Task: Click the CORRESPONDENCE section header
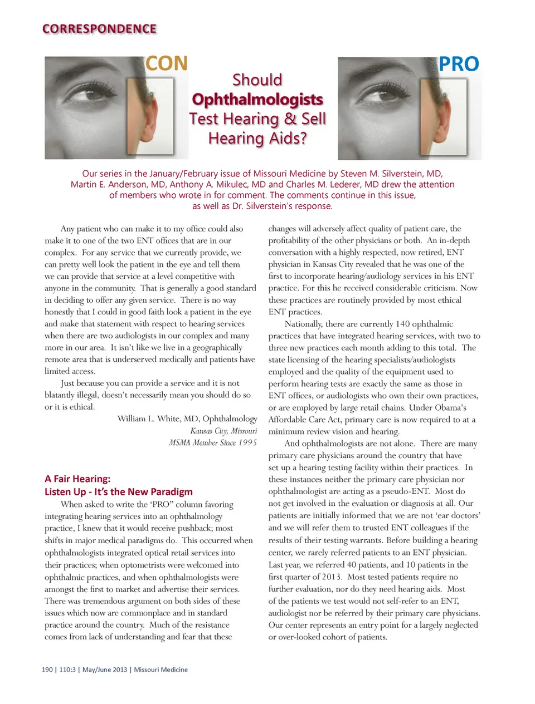tap(99, 29)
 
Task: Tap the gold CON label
tap(167, 63)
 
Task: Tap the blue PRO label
tap(459, 64)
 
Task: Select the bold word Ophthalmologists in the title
tap(257, 100)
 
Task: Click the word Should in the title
tap(257, 80)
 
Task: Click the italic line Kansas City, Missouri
tap(223, 431)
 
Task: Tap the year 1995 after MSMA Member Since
tap(247, 443)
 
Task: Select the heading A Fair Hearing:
tap(77, 479)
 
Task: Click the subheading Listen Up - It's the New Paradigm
tap(119, 492)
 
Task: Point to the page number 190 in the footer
tap(47, 669)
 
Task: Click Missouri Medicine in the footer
tap(160, 669)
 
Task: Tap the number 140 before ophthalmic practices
tap(402, 324)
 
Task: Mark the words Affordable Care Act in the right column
tap(303, 420)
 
